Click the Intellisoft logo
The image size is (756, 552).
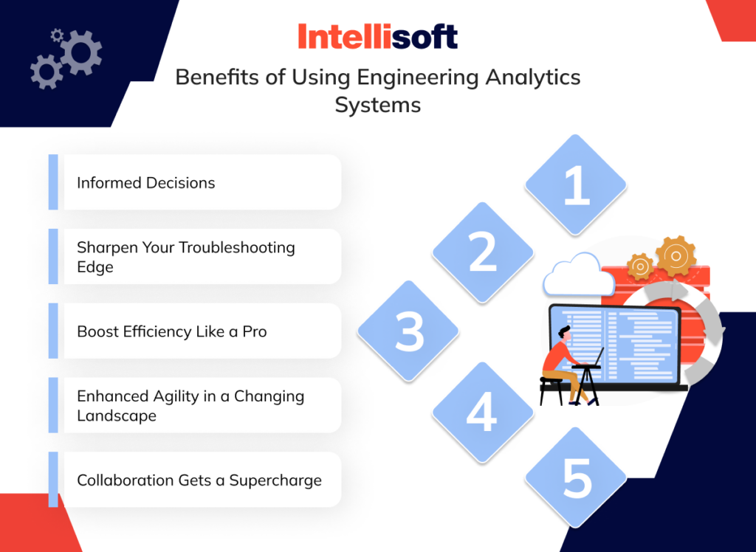pos(377,37)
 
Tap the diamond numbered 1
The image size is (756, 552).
pos(576,185)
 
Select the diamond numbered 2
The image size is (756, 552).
pos(482,252)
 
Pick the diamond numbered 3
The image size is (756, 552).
pos(408,330)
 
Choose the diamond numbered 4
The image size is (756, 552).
pos(482,413)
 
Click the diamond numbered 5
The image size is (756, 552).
pos(576,477)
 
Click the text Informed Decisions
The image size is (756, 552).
pos(146,183)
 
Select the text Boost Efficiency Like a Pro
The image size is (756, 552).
pos(172,331)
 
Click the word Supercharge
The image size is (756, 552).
pos(275,480)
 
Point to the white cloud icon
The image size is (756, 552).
pos(578,276)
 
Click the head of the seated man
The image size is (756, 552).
pos(565,333)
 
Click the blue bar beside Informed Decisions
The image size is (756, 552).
pos(53,182)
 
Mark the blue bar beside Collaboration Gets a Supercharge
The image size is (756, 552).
pos(53,480)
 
